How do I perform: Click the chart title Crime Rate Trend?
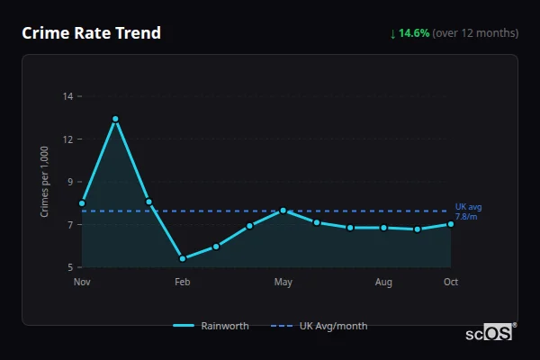(x=91, y=33)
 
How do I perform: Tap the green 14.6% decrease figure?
(x=409, y=33)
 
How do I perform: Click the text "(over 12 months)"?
(x=475, y=33)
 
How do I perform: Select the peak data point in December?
(x=115, y=119)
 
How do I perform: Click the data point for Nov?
(x=82, y=203)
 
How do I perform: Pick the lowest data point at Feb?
(x=183, y=258)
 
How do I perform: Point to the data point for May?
(x=283, y=211)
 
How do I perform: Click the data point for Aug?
(x=383, y=228)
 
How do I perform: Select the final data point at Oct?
(x=451, y=224)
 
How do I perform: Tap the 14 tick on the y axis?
(x=68, y=96)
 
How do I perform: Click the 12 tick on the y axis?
(x=68, y=139)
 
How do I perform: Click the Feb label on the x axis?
(x=183, y=283)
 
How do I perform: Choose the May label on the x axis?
(x=283, y=283)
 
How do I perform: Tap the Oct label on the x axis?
(x=451, y=283)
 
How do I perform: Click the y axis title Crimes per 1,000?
(x=45, y=182)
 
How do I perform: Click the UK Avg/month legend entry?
(x=320, y=326)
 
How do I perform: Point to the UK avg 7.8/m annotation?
(x=468, y=211)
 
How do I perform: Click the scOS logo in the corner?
(x=490, y=333)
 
